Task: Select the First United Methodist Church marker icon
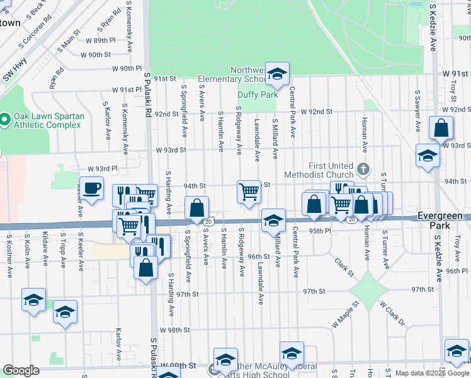point(363,169)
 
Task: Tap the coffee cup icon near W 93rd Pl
point(92,188)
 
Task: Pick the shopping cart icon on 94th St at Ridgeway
point(249,191)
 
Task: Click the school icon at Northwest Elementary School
point(276,73)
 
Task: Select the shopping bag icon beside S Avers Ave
point(197,207)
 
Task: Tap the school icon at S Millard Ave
point(273,220)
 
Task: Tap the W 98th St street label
point(174,330)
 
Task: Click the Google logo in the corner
point(21,370)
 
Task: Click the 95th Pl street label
point(319,231)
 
